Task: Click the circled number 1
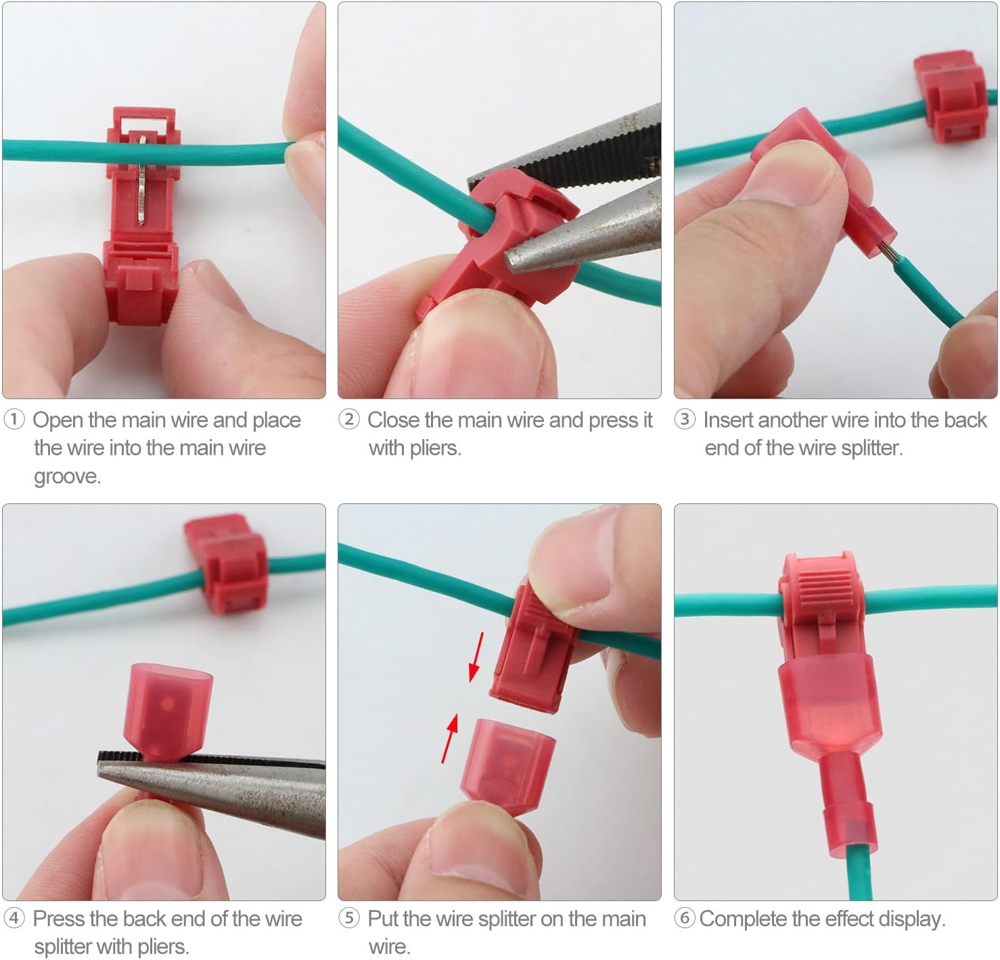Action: click(14, 419)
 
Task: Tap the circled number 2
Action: click(349, 419)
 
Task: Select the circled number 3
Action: click(685, 419)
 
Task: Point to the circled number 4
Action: click(14, 918)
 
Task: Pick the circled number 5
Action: click(349, 918)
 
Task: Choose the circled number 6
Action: click(685, 918)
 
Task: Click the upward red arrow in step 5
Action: click(450, 738)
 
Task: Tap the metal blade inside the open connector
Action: click(142, 181)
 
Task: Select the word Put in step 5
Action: click(384, 919)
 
